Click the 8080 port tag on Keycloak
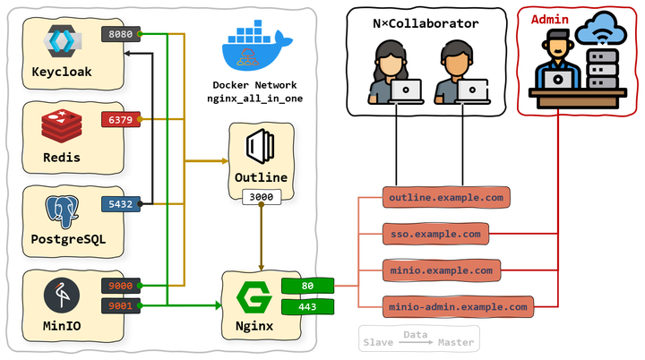click(x=119, y=35)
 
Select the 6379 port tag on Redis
click(x=119, y=119)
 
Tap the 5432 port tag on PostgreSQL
click(x=119, y=204)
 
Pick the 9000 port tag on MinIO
click(x=119, y=287)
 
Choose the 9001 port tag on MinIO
click(x=119, y=305)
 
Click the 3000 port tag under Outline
click(x=261, y=196)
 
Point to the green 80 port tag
click(x=307, y=287)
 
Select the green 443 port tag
click(x=307, y=307)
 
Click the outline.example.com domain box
click(x=447, y=198)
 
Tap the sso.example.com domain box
click(x=436, y=235)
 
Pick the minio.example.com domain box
click(x=441, y=270)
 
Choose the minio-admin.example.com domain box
click(x=458, y=306)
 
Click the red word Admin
click(x=548, y=19)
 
